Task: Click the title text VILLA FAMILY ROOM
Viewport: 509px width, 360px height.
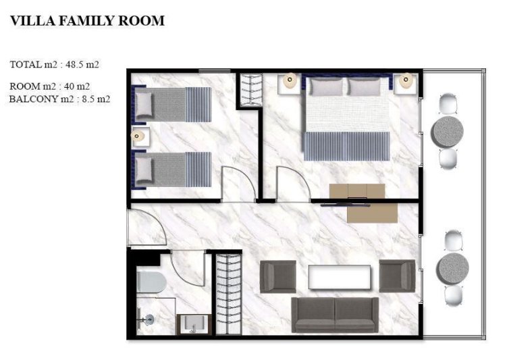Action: tap(87, 21)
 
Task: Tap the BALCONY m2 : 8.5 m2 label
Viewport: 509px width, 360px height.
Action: tap(60, 99)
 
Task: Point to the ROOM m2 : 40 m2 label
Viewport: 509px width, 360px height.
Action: tap(50, 86)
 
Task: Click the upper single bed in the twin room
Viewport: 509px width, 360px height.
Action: tap(173, 103)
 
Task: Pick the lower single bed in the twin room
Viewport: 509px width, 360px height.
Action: tap(173, 168)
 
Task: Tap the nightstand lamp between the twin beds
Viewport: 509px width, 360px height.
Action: tap(139, 136)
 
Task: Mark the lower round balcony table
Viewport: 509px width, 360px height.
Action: tap(450, 267)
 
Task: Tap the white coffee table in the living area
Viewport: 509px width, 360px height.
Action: tap(339, 277)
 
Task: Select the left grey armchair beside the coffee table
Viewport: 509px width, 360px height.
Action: tap(277, 276)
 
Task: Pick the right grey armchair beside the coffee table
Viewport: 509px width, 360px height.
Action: tap(397, 276)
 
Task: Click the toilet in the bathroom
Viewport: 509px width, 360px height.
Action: tap(150, 282)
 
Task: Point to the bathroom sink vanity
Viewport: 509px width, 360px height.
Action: tap(194, 325)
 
